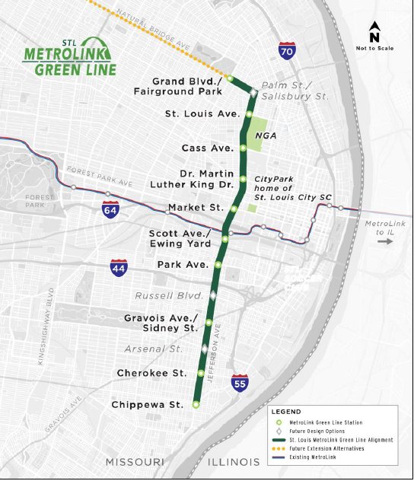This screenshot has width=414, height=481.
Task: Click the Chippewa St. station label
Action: point(147,405)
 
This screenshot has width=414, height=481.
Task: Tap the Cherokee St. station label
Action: point(151,373)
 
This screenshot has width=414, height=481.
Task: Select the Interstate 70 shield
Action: point(286,52)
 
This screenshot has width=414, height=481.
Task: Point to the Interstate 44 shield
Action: point(119,267)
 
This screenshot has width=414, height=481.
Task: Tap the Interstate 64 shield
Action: point(111,210)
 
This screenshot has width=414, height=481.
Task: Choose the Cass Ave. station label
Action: point(205,148)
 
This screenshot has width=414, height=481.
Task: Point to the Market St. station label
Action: point(196,207)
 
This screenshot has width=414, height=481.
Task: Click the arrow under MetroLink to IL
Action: point(384,241)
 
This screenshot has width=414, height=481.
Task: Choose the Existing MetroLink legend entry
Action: point(316,457)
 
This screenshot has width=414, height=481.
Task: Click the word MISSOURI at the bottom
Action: point(135,463)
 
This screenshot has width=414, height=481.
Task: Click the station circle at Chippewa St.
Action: point(196,405)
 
